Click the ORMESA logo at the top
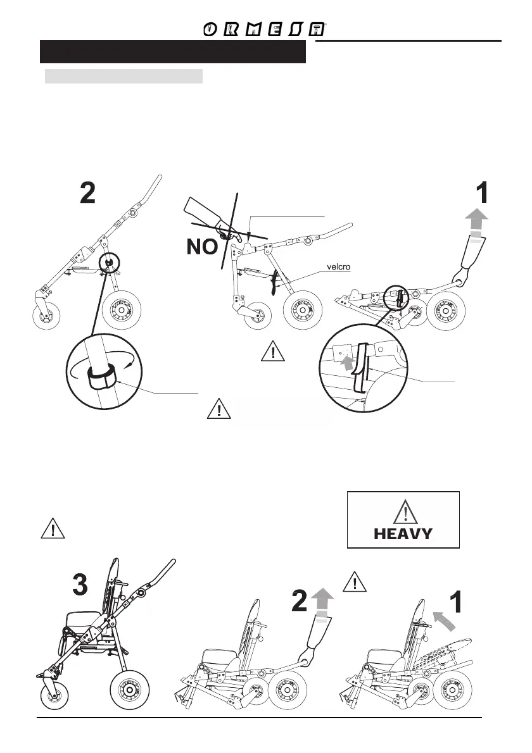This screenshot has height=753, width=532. pos(265,30)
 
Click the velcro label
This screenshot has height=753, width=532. pos(339,266)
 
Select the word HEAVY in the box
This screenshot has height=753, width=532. pos(403,533)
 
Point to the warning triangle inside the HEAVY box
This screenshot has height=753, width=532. pos(403,511)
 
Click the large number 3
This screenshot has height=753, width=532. pos(80,585)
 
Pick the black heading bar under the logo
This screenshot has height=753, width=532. pos(172,52)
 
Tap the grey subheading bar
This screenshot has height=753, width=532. pos(123,77)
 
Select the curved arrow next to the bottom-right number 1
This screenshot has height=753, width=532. pos(445,620)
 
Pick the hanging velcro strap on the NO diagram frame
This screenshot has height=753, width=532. pos(275,281)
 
